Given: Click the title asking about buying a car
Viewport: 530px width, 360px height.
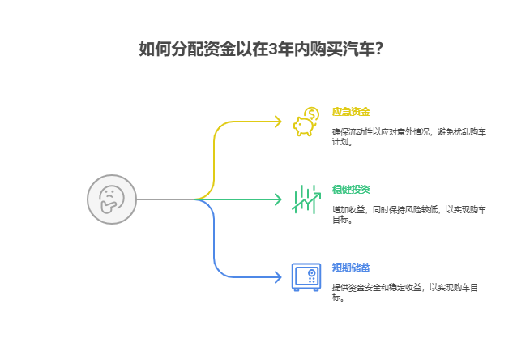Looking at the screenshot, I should [x=261, y=49].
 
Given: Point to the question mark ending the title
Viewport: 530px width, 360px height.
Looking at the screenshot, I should [x=378, y=49].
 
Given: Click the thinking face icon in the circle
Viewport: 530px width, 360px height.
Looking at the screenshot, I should [x=111, y=199].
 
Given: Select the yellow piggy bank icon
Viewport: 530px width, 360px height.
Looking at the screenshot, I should [x=304, y=126].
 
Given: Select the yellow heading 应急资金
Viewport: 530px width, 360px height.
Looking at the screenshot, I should [x=351, y=111].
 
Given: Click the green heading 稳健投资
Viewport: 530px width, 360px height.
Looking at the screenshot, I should [x=351, y=189].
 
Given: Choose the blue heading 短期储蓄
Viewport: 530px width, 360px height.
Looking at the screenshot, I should [x=351, y=267].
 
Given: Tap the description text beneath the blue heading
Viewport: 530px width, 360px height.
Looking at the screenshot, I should [x=404, y=291].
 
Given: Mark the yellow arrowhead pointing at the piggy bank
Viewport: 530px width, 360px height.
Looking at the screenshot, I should [x=278, y=122].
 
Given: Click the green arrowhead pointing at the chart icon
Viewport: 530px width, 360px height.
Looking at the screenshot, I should [x=278, y=199].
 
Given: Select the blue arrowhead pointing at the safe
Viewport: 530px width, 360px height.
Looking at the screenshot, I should [x=278, y=276].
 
